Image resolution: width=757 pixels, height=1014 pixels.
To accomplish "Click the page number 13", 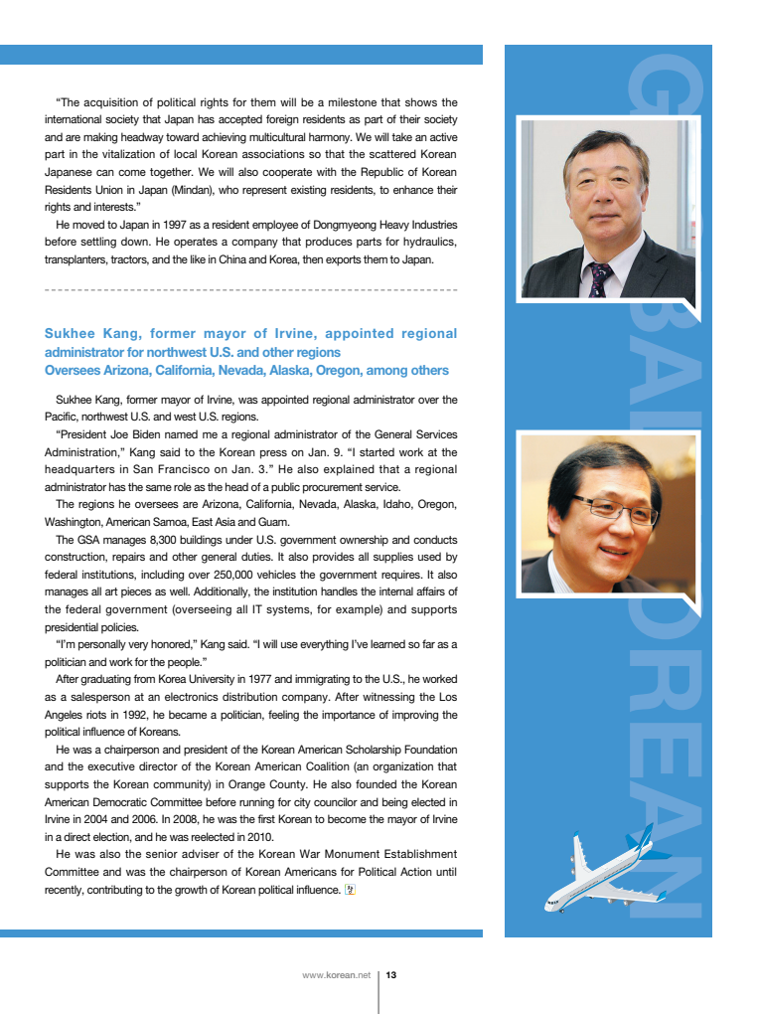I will pyautogui.click(x=391, y=975).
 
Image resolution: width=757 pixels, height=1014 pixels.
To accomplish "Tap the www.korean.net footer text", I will pyautogui.click(x=336, y=975).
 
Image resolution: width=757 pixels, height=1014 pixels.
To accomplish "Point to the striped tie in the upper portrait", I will pyautogui.click(x=599, y=279).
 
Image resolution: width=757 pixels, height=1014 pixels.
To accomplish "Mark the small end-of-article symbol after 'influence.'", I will pyautogui.click(x=349, y=890).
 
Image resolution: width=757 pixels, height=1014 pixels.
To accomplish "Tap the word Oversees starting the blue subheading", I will pyautogui.click(x=73, y=371).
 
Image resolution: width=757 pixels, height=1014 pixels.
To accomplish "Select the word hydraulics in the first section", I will pyautogui.click(x=427, y=243).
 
